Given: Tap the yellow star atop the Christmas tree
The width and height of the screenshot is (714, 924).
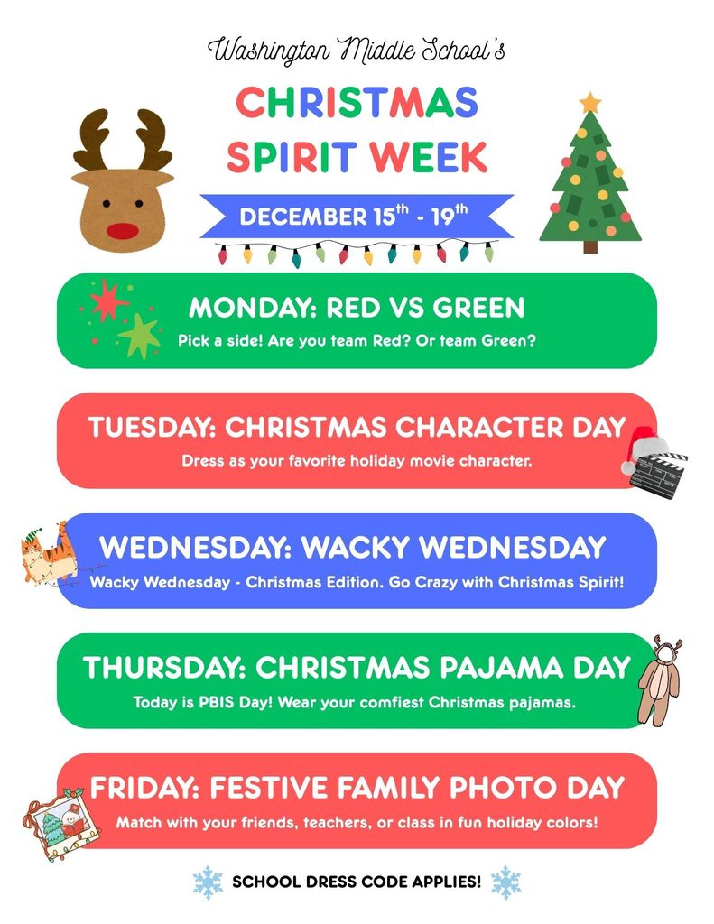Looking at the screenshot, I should coord(590,102).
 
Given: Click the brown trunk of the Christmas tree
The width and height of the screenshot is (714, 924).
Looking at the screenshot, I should coord(590,246).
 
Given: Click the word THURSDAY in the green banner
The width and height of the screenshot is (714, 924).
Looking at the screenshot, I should coord(163,668).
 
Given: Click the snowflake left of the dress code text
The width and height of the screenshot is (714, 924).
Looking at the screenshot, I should coord(208,882).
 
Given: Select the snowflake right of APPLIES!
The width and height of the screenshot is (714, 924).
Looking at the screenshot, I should coord(505,882).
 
